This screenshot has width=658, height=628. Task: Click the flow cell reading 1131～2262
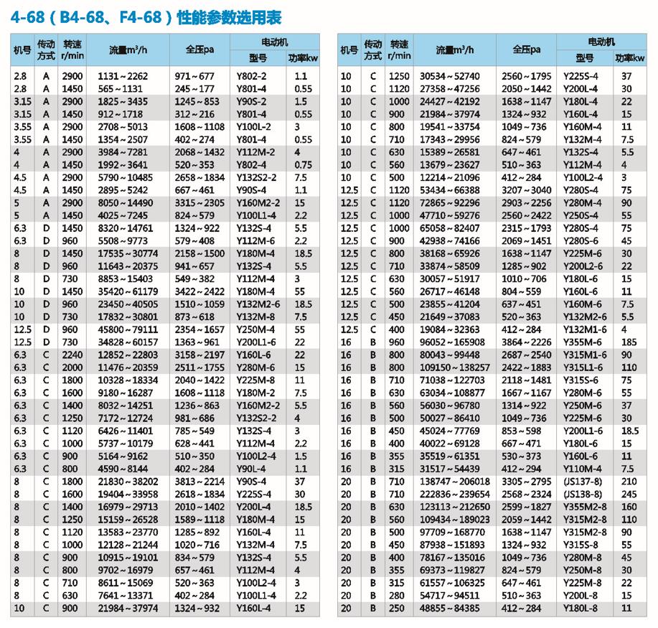(x=123, y=75)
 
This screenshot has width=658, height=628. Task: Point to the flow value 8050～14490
(x=123, y=203)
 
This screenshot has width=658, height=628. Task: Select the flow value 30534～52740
(x=450, y=75)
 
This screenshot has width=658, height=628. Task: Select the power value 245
(x=627, y=495)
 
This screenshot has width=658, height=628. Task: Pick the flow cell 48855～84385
(x=450, y=608)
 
